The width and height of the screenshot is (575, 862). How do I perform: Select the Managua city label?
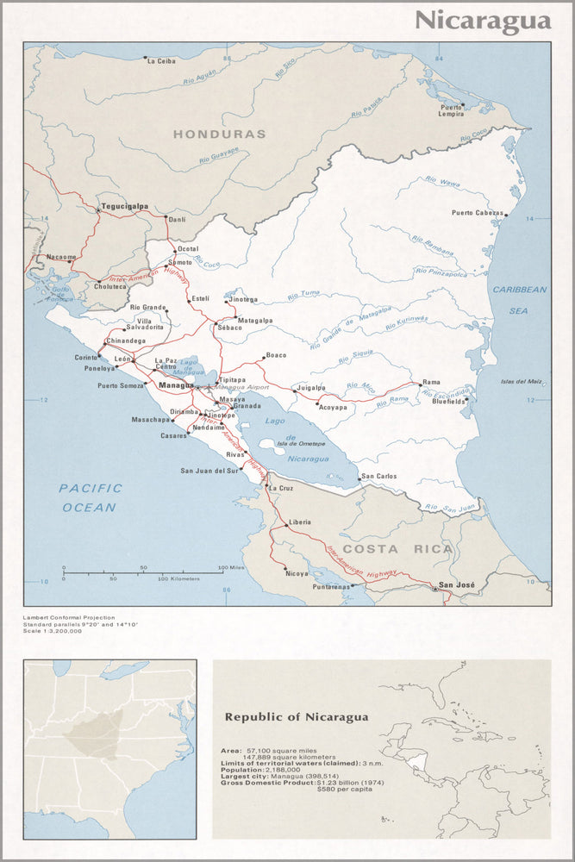pyautogui.click(x=176, y=385)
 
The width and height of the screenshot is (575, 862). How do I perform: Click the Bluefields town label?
pyautogui.click(x=449, y=402)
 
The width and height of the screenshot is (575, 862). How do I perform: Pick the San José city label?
pyautogui.click(x=457, y=585)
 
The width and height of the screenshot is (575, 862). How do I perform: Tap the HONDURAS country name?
pyautogui.click(x=219, y=134)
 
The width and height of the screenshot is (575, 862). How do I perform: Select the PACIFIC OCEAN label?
pyautogui.click(x=90, y=497)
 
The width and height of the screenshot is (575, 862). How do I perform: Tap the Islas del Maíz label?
pyautogui.click(x=522, y=381)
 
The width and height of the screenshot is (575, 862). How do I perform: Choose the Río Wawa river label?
pyautogui.click(x=441, y=182)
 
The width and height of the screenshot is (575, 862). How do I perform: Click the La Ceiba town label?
pyautogui.click(x=161, y=61)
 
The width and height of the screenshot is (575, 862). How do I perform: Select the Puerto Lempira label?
pyautogui.click(x=452, y=111)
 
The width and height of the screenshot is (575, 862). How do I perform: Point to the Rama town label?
pyautogui.click(x=431, y=383)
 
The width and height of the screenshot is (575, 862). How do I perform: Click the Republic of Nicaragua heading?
pyautogui.click(x=296, y=716)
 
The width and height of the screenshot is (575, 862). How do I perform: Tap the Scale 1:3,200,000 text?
pyautogui.click(x=53, y=631)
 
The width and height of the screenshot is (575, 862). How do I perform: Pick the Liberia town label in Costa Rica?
pyautogui.click(x=300, y=522)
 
